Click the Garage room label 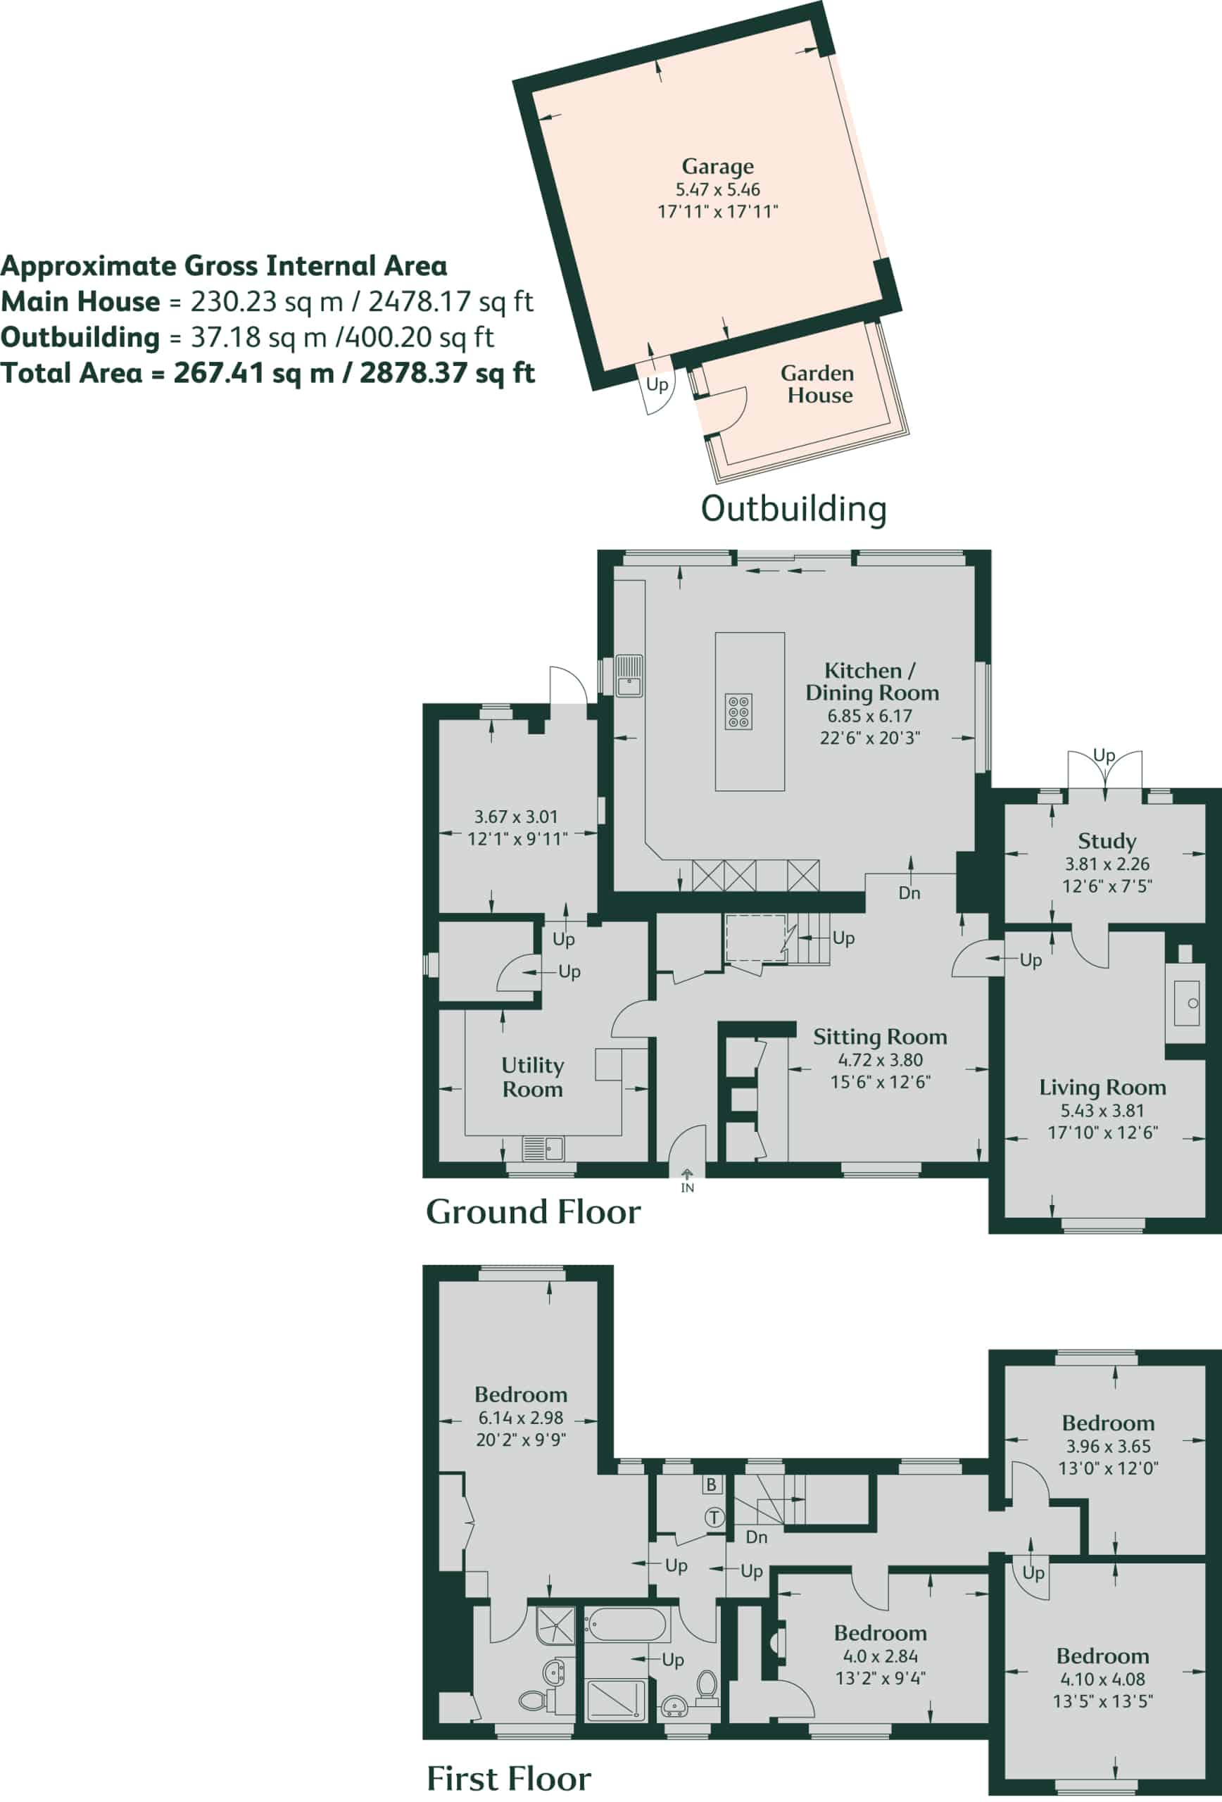tap(717, 167)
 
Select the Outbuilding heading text tap(793, 509)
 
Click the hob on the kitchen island tap(739, 712)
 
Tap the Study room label tap(1107, 841)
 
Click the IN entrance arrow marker tap(687, 1181)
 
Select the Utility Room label tap(532, 1077)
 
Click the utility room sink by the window tap(543, 1148)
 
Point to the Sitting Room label tap(880, 1037)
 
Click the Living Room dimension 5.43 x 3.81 tap(1102, 1110)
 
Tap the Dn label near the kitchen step tap(909, 893)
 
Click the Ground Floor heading tap(534, 1212)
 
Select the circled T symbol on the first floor tap(714, 1518)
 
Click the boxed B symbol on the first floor tap(711, 1485)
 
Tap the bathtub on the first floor tap(625, 1625)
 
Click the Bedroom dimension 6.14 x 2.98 tap(520, 1418)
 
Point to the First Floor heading tap(509, 1777)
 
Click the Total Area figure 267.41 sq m tap(253, 373)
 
